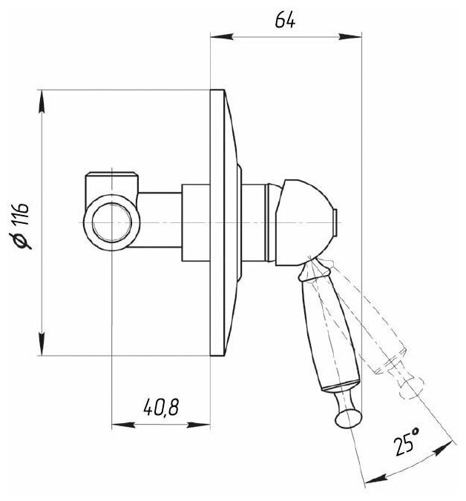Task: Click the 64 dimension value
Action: (285, 21)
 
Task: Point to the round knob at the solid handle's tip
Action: (347, 418)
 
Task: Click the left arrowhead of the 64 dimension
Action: (217, 36)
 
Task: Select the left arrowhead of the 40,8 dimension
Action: (117, 425)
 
